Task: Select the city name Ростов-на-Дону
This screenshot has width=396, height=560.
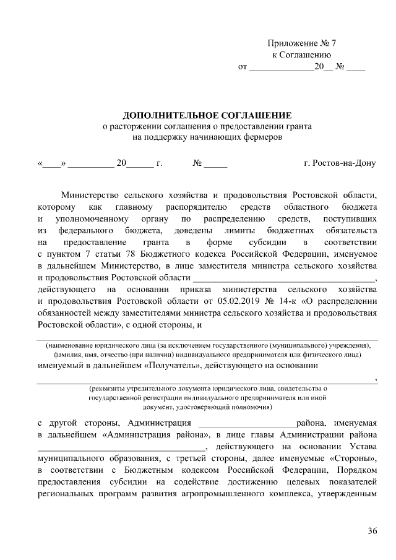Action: (x=340, y=165)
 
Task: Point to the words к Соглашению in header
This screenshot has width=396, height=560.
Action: (x=301, y=54)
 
